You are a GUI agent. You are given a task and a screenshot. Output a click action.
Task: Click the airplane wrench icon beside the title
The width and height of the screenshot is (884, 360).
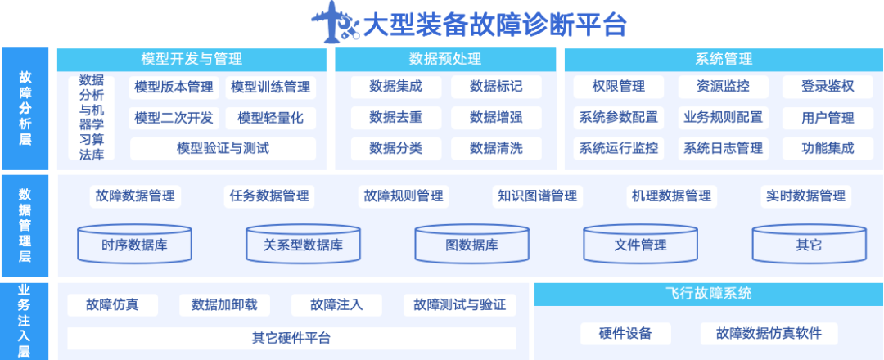[x=336, y=24]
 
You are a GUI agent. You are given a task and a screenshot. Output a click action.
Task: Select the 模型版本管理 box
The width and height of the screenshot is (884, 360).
[x=174, y=87]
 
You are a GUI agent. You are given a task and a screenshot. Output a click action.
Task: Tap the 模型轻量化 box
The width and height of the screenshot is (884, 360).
[x=270, y=118]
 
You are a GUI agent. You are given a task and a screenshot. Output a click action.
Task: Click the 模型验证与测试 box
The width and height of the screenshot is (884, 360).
[x=223, y=148]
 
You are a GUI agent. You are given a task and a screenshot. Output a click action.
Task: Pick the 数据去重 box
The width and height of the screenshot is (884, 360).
[x=395, y=118]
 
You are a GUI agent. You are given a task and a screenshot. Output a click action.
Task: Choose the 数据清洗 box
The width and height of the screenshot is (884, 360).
[x=496, y=148]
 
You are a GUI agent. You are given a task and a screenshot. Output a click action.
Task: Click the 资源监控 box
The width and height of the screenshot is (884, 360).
[x=723, y=87]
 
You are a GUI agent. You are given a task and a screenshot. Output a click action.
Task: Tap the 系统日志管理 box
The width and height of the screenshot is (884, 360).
[x=723, y=148]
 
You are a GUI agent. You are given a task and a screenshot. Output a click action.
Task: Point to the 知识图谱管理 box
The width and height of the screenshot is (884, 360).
[x=537, y=196]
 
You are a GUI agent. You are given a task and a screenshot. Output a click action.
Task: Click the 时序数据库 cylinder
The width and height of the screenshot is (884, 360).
[x=135, y=244]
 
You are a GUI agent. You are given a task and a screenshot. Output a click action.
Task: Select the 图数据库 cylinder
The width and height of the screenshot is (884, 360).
[x=471, y=244]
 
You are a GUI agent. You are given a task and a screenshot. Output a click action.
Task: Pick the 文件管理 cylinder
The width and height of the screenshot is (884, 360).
[x=640, y=244]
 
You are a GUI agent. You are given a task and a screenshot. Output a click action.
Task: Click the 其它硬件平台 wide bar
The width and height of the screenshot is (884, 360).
[x=291, y=338]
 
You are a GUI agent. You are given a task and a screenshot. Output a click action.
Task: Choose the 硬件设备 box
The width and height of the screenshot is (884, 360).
[x=625, y=333]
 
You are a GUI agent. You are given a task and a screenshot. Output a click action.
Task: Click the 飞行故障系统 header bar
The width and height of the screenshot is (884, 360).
[x=708, y=294]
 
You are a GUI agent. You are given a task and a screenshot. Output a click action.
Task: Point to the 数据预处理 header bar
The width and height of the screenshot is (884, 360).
[x=445, y=59]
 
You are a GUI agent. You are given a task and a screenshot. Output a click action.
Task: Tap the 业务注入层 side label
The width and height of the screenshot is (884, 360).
[x=25, y=320]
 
